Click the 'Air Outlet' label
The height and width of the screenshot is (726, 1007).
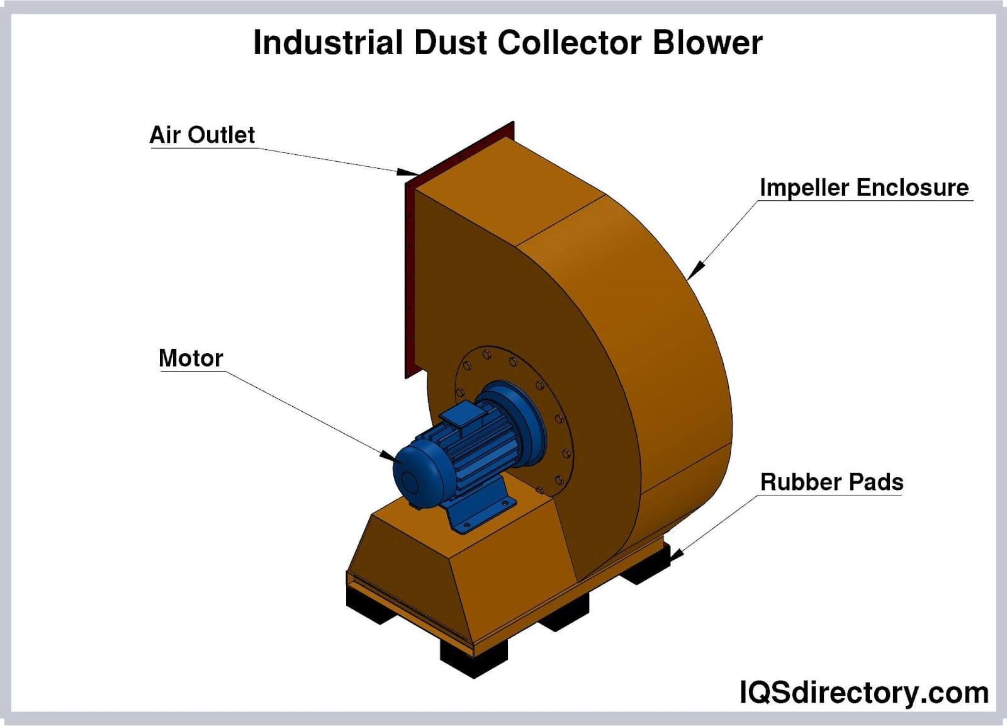tap(202, 135)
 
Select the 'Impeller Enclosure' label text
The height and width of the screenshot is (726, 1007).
tap(864, 188)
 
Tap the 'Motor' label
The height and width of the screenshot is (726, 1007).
tap(191, 358)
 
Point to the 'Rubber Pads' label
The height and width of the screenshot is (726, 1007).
tap(831, 482)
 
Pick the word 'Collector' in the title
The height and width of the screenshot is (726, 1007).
tap(570, 43)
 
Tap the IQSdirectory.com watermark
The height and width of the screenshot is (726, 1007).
tap(864, 693)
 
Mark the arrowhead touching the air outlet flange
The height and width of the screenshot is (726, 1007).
tap(408, 171)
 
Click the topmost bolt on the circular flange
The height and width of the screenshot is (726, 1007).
tap(486, 355)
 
